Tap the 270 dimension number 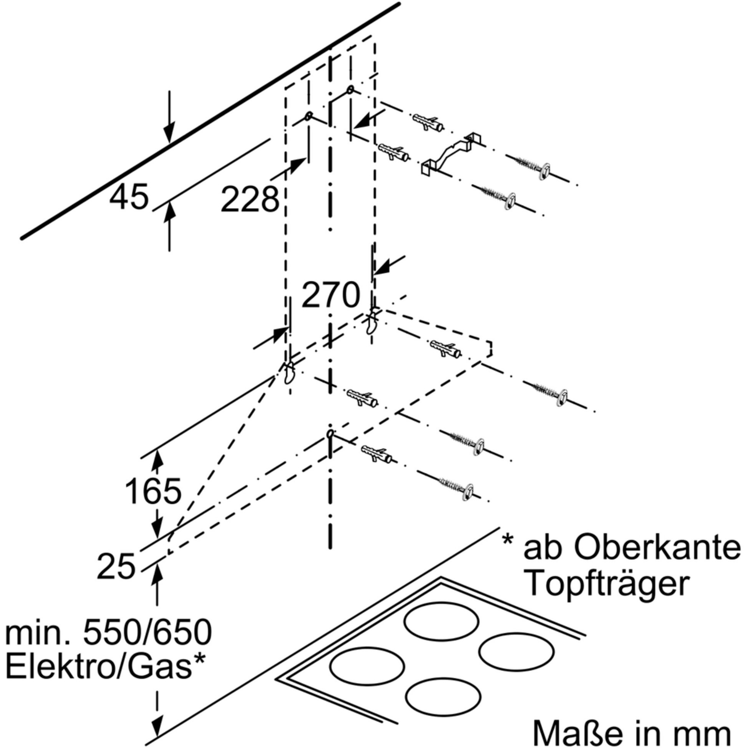tap(330, 295)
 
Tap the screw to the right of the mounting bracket tap(530, 164)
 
